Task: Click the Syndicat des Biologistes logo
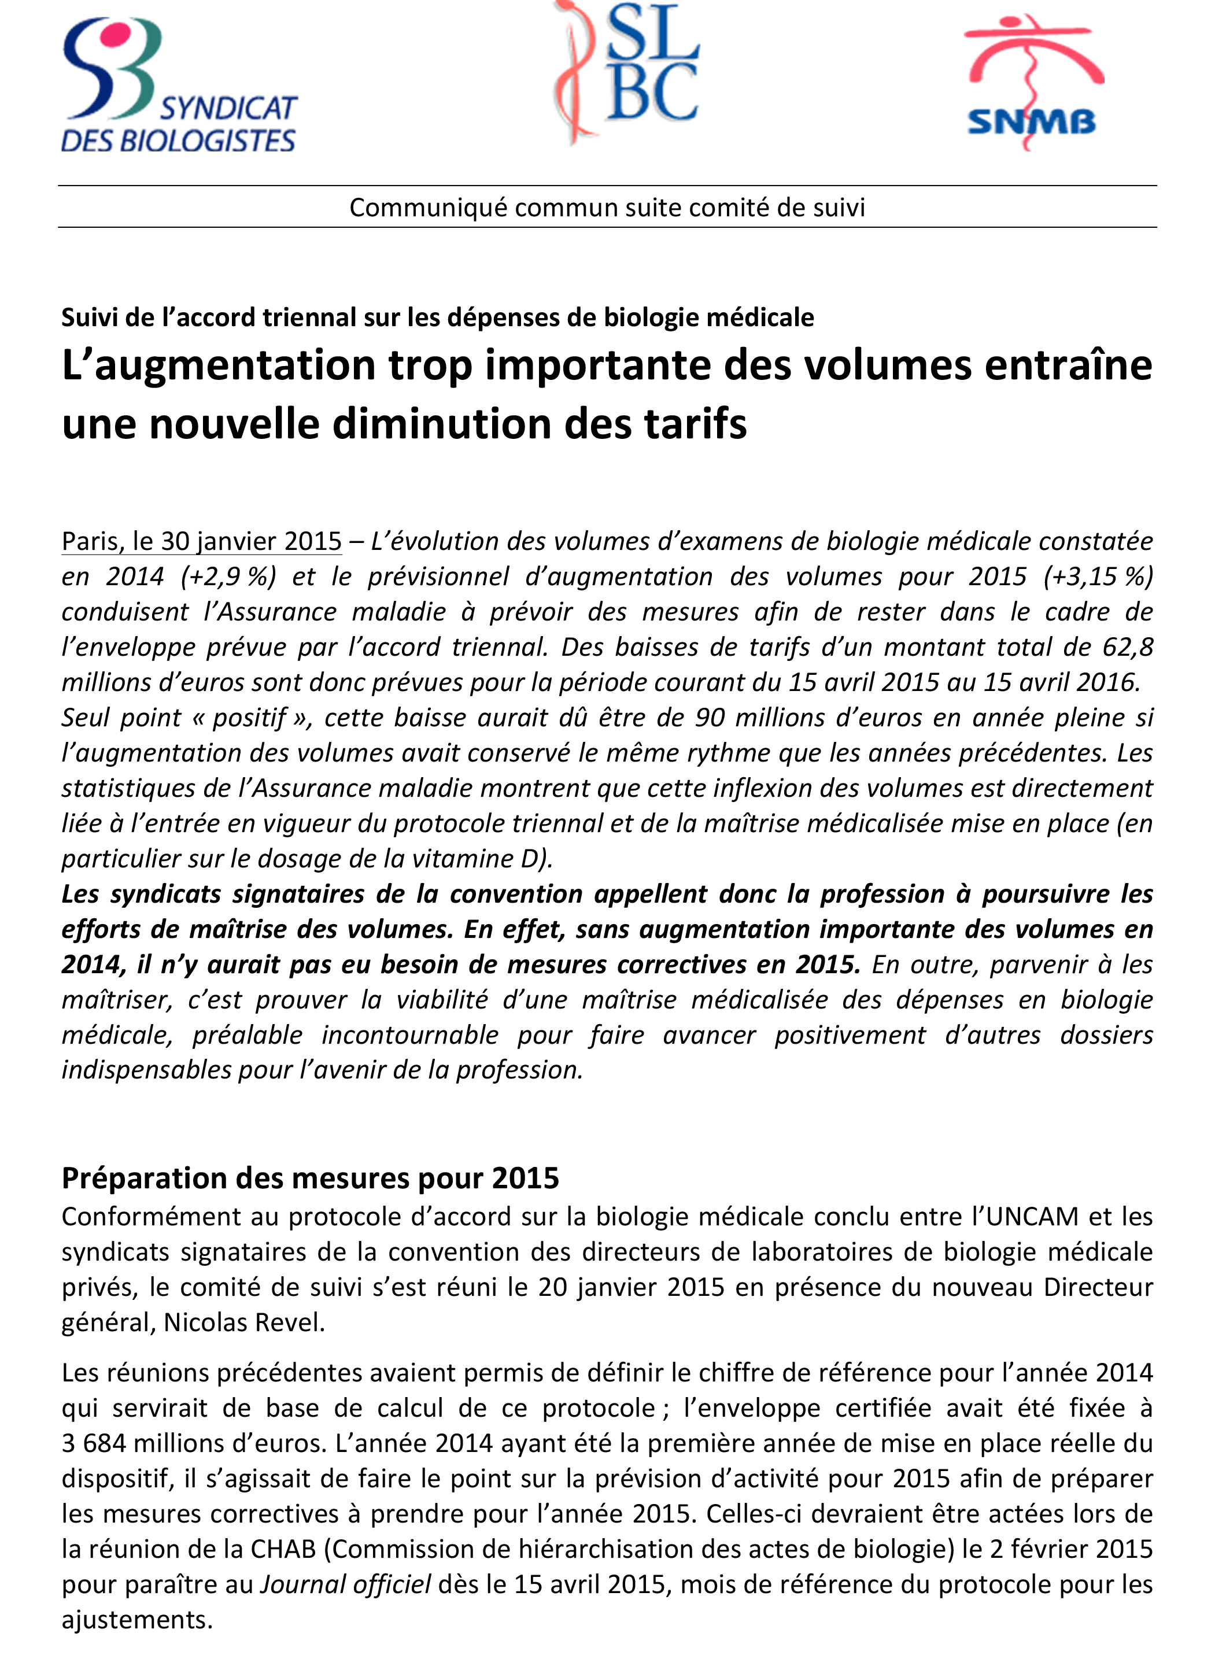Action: pos(178,86)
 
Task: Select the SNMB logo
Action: pos(1032,82)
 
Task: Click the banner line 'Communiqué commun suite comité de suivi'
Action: pos(607,208)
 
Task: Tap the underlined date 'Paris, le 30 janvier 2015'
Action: pos(202,542)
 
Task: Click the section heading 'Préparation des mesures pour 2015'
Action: pos(310,1178)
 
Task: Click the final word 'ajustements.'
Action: pos(137,1620)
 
